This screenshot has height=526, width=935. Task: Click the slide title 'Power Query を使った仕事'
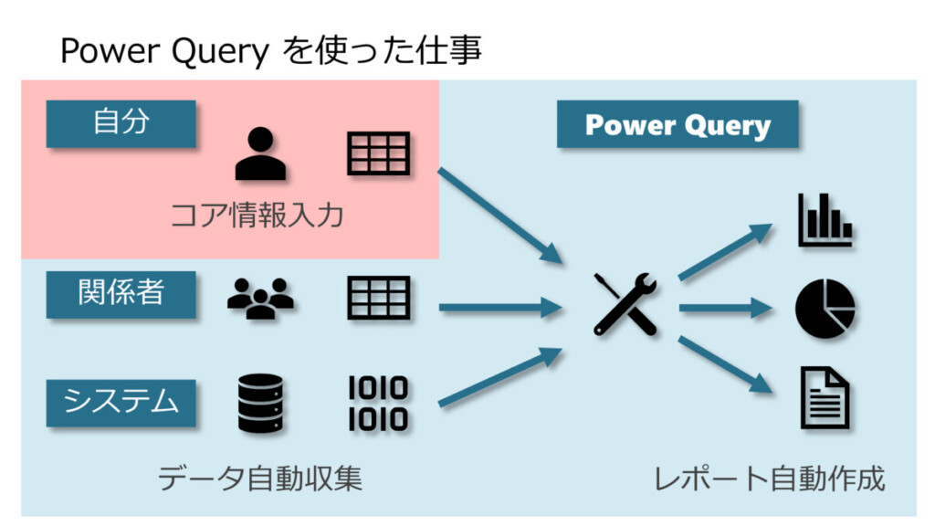pyautogui.click(x=270, y=50)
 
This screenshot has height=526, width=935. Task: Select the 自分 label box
pyautogui.click(x=121, y=123)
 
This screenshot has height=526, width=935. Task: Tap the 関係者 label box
pyautogui.click(x=121, y=293)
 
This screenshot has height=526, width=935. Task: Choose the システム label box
pyautogui.click(x=121, y=402)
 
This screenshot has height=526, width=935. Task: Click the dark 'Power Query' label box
pyautogui.click(x=678, y=125)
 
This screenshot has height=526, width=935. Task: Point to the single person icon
pyautogui.click(x=260, y=153)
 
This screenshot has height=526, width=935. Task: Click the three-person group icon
pyautogui.click(x=260, y=298)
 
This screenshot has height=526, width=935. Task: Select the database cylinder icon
pyautogui.click(x=260, y=403)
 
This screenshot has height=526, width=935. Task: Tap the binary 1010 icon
pyautogui.click(x=378, y=403)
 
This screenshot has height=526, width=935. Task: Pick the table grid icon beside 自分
pyautogui.click(x=378, y=153)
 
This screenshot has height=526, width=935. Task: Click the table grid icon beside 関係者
pyautogui.click(x=378, y=298)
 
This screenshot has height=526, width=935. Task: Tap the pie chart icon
pyautogui.click(x=825, y=309)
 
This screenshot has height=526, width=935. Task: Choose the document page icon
pyautogui.click(x=825, y=397)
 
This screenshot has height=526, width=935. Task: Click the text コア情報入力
pyautogui.click(x=257, y=216)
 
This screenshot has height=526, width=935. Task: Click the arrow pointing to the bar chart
pyautogui.click(x=727, y=250)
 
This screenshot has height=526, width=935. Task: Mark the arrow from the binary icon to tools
pyautogui.click(x=500, y=376)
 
